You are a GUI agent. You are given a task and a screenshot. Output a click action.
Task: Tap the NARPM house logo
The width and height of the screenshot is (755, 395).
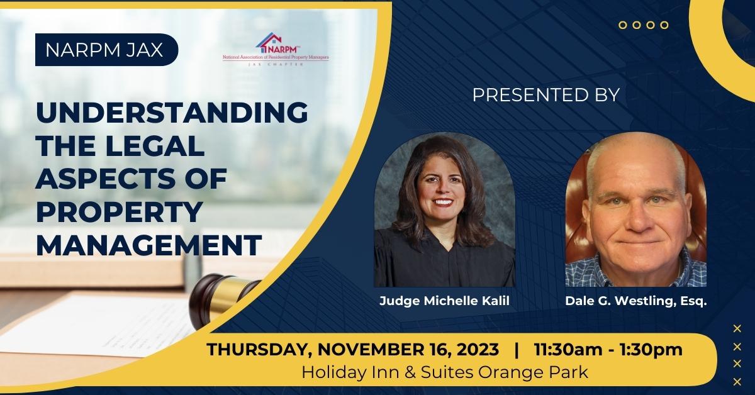[x=274, y=43]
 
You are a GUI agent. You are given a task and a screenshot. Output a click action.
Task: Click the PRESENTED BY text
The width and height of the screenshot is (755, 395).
[x=546, y=95]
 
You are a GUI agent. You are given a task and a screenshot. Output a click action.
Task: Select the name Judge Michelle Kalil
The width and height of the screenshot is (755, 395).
[x=444, y=301]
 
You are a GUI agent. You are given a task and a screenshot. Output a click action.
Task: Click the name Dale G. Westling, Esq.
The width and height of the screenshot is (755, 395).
[x=635, y=301]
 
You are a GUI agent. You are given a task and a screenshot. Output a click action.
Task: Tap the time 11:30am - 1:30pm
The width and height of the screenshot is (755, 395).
[x=608, y=350]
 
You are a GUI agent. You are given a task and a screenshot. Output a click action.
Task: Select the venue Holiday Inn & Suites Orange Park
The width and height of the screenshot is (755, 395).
[x=445, y=371]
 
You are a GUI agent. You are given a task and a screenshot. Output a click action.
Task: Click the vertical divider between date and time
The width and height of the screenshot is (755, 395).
[x=516, y=350]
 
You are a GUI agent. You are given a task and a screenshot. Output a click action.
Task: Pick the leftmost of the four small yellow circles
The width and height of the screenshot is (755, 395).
[x=622, y=25]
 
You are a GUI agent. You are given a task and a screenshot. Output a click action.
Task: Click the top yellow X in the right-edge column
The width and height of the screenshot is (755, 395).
[x=737, y=327]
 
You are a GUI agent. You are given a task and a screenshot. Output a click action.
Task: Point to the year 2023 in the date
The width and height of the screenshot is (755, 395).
[x=476, y=350]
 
